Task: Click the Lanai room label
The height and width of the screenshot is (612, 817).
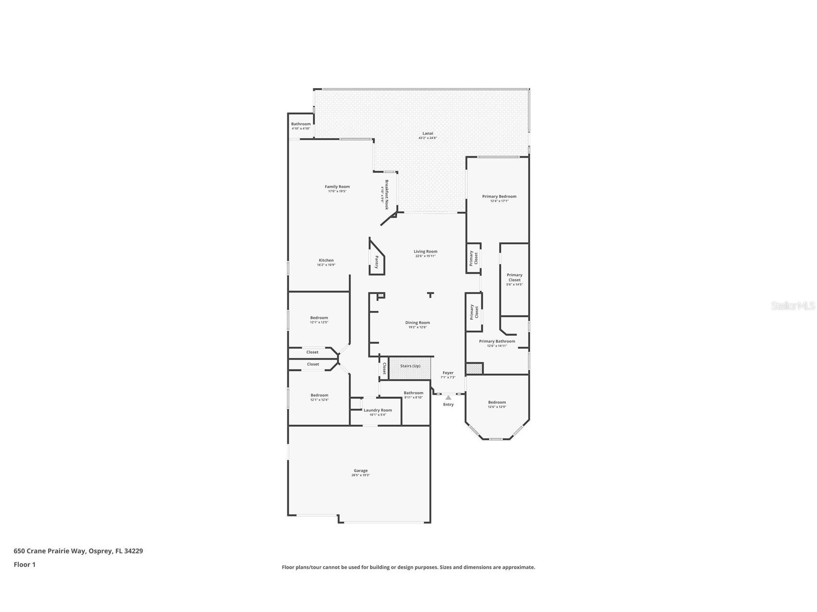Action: pyautogui.click(x=428, y=134)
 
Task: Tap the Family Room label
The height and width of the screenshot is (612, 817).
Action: pyautogui.click(x=337, y=187)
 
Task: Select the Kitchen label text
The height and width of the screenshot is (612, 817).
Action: pyautogui.click(x=326, y=261)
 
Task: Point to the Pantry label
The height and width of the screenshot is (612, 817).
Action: pyautogui.click(x=376, y=262)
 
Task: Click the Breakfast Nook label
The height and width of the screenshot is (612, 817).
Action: pyautogui.click(x=386, y=194)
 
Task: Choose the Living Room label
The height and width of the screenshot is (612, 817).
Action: pyautogui.click(x=425, y=252)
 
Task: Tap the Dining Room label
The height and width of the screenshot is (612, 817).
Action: pyautogui.click(x=417, y=323)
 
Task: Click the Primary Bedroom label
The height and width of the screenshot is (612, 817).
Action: pyautogui.click(x=499, y=197)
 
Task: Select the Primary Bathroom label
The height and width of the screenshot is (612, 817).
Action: pyautogui.click(x=497, y=342)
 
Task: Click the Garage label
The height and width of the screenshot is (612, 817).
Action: pyautogui.click(x=361, y=471)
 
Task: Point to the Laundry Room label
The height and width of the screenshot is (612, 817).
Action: pyautogui.click(x=377, y=410)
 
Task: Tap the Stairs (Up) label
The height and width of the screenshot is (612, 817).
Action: pyautogui.click(x=410, y=366)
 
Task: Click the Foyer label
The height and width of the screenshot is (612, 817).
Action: pyautogui.click(x=448, y=373)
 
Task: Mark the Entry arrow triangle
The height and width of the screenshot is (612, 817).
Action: pyautogui.click(x=448, y=397)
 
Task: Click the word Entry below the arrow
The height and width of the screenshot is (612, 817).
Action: pyautogui.click(x=448, y=405)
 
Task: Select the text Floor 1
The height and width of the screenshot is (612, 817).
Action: pyautogui.click(x=25, y=565)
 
